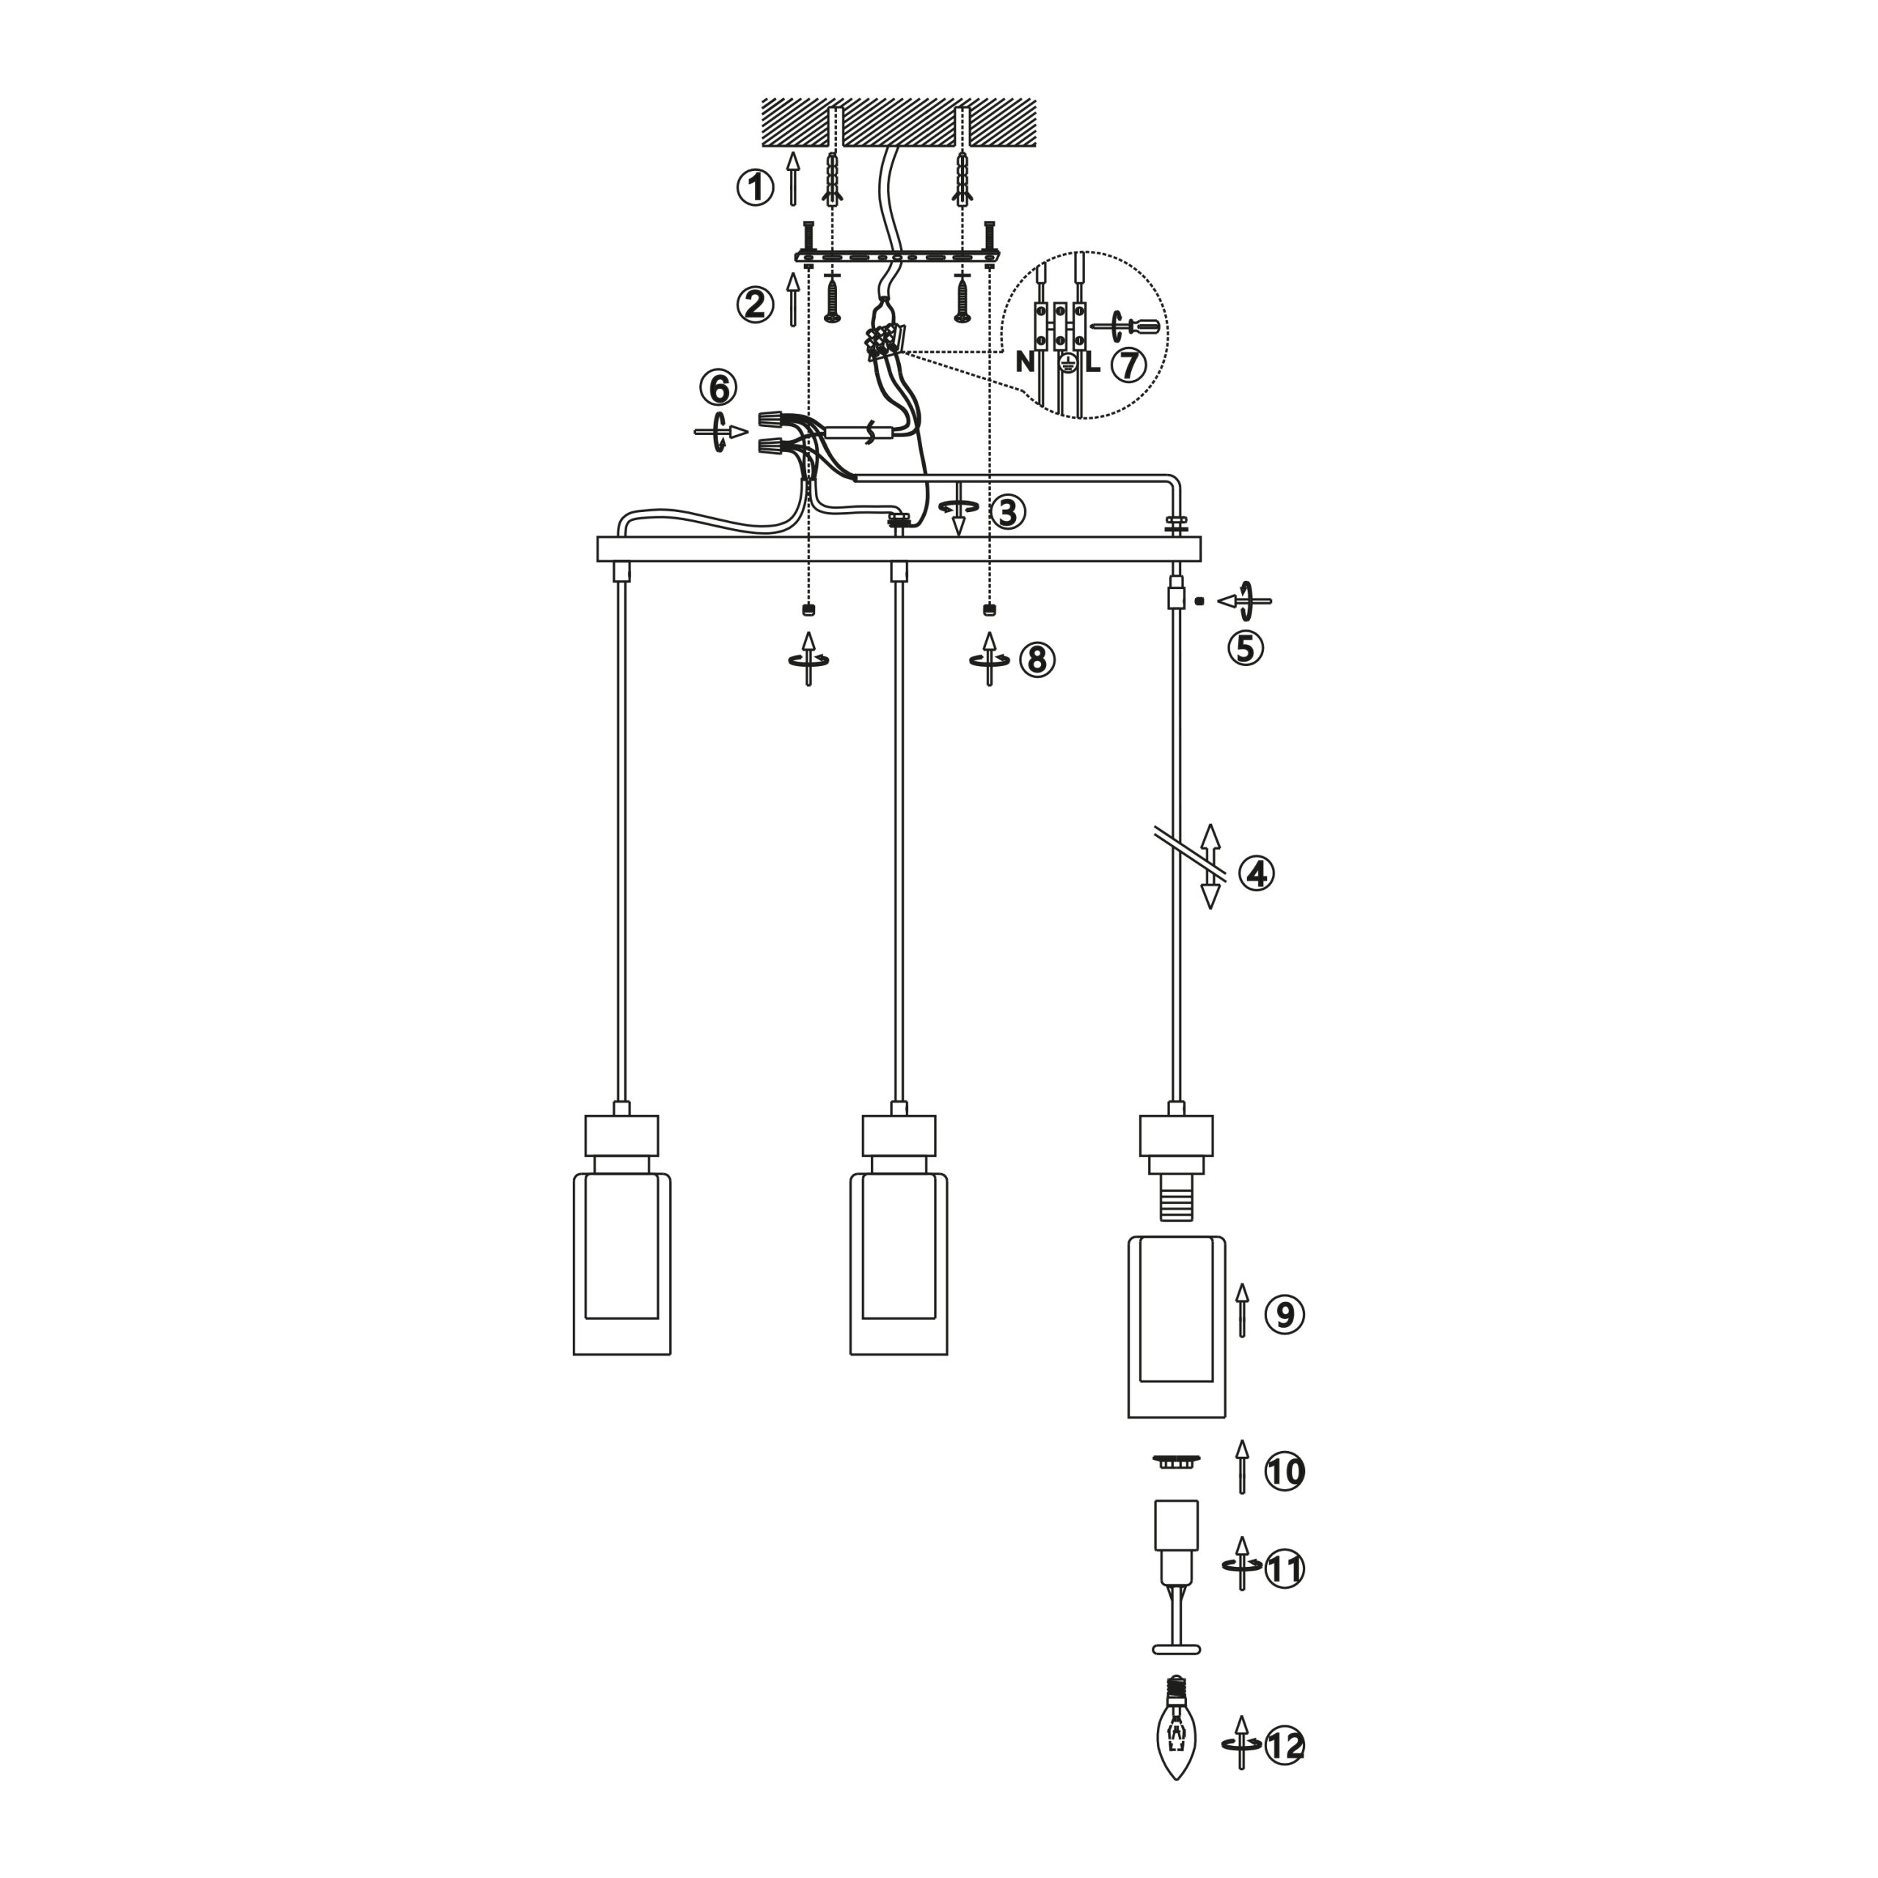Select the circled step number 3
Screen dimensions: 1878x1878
[1007, 512]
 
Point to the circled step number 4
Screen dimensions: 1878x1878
[1256, 873]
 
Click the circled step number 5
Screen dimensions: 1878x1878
[1245, 647]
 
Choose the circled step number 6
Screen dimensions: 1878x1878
[718, 388]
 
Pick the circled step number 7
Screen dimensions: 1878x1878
[1128, 365]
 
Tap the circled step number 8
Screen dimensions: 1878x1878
[1037, 660]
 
